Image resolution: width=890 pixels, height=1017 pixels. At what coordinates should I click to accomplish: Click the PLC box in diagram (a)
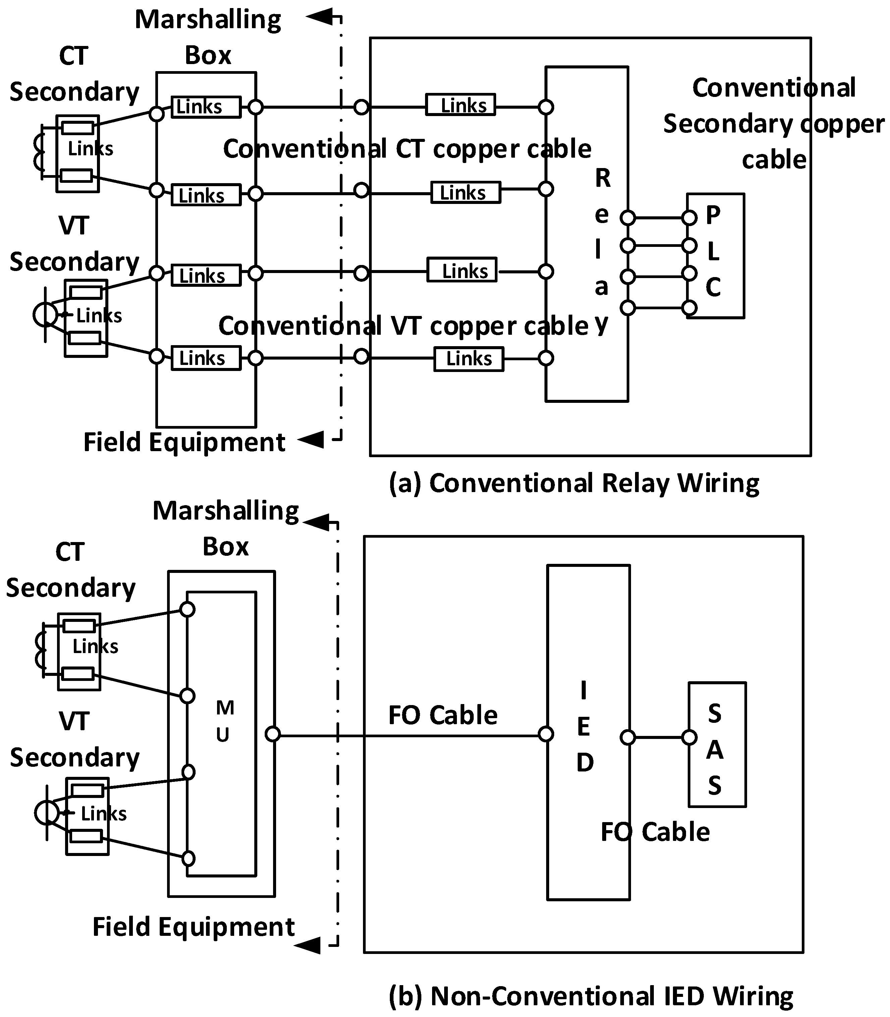(x=715, y=255)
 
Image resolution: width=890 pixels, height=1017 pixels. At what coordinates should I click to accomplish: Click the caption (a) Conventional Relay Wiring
(x=574, y=483)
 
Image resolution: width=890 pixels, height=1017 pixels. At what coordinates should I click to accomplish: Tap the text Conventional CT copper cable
(x=407, y=149)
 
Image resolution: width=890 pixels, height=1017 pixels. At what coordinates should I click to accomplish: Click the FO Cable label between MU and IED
(x=442, y=715)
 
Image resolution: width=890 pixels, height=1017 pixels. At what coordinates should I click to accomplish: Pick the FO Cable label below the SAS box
(x=655, y=832)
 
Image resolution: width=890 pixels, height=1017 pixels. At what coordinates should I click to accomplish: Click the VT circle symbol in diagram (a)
(x=45, y=314)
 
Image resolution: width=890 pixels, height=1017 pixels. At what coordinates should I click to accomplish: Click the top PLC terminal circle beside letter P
(x=689, y=217)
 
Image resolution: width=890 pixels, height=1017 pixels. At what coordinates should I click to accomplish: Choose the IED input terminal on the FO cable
(x=546, y=734)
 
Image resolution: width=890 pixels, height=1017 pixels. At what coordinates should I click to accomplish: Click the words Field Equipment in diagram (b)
(x=193, y=927)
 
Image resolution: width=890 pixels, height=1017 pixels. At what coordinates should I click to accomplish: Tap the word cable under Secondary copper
(x=774, y=160)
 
